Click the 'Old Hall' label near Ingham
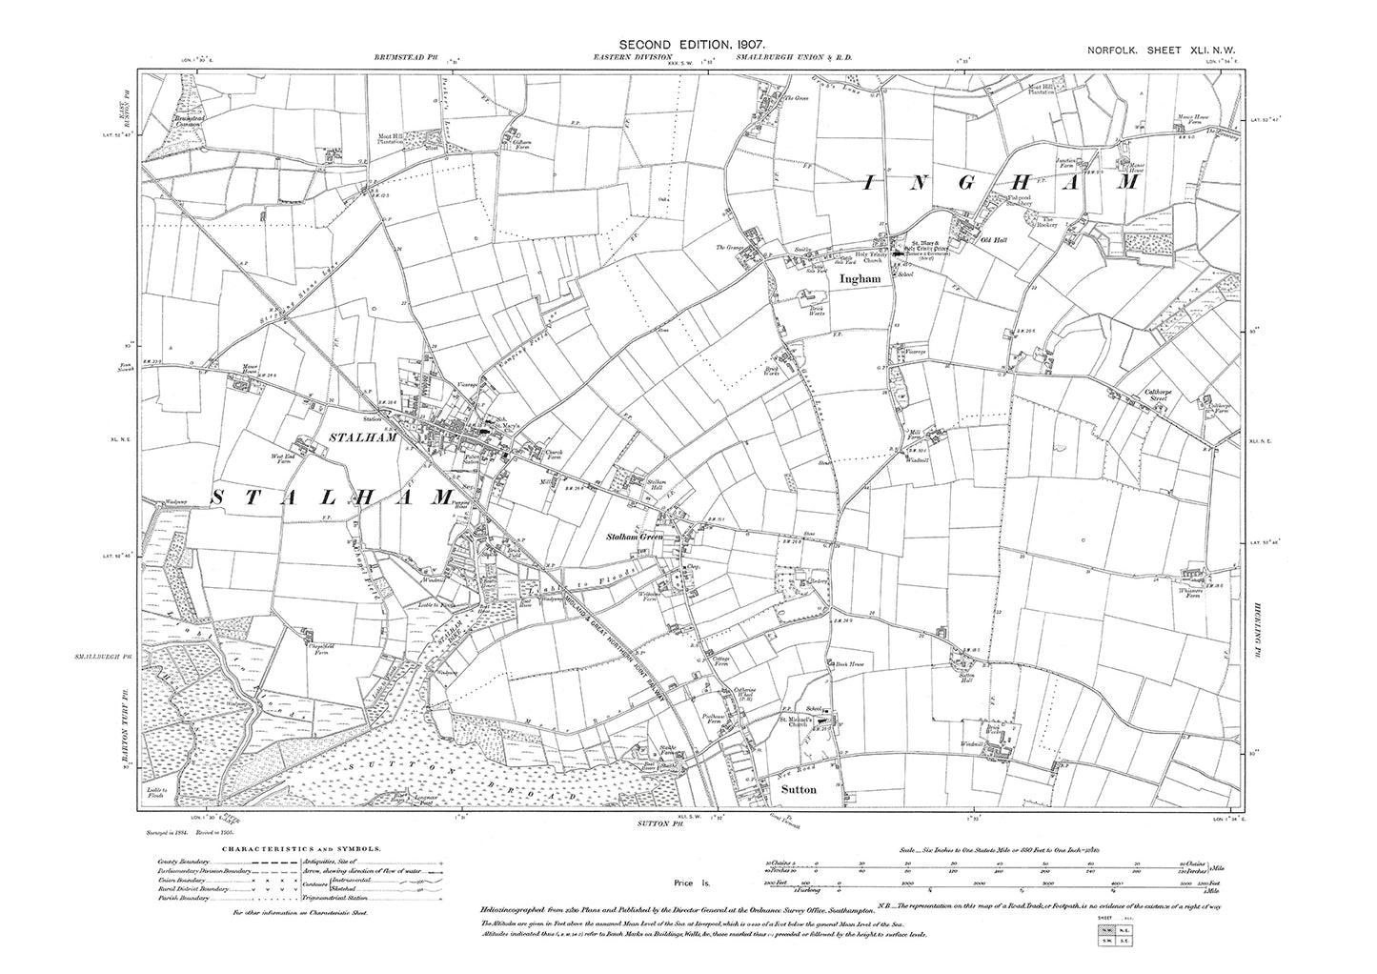992,240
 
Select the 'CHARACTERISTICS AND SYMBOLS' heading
302,847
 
